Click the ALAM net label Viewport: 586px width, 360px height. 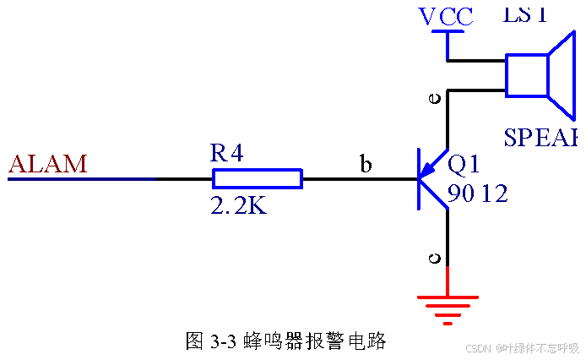(48, 163)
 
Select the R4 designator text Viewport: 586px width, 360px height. (227, 153)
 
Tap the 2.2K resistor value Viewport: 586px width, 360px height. (238, 205)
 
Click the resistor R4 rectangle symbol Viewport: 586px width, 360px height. (257, 178)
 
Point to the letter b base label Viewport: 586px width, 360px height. (366, 165)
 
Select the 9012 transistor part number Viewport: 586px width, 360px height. (478, 194)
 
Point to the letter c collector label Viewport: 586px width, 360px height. (435, 259)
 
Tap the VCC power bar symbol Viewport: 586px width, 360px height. (448, 33)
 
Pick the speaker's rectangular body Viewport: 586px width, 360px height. (526, 75)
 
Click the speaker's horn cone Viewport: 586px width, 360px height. (563, 74)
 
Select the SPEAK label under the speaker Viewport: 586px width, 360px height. (541, 138)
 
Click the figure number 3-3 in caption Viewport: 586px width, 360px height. (221, 341)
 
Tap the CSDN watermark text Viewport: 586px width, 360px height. (479, 348)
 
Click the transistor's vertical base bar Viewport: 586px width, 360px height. (419, 178)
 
